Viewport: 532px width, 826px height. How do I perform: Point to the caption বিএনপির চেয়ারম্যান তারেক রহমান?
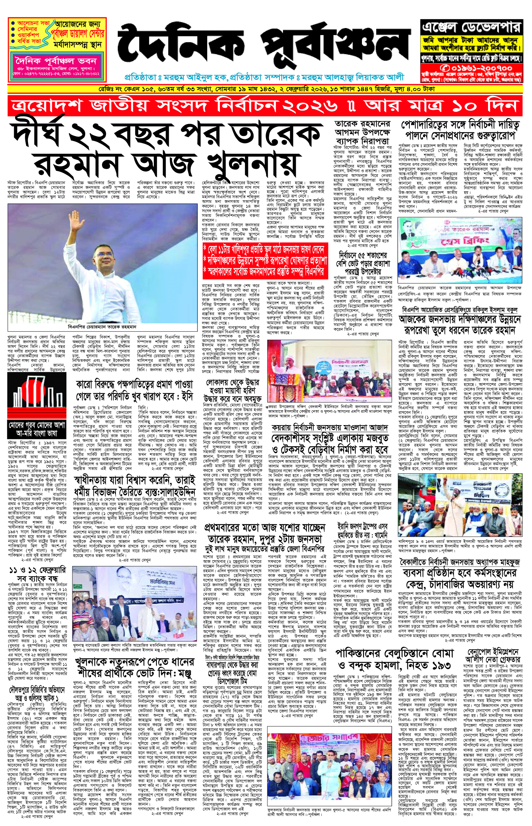point(102,327)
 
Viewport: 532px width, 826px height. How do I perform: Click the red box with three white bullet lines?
point(265,261)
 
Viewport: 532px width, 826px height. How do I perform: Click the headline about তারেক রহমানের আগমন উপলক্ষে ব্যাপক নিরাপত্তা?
point(362,132)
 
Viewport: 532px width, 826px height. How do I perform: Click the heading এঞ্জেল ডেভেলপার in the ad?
point(471,27)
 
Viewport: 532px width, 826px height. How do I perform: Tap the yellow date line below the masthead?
point(265,89)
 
